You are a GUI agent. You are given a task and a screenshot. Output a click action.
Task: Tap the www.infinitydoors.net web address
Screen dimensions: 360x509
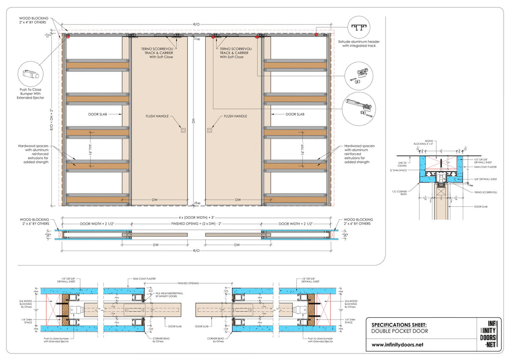pyautogui.click(x=397, y=345)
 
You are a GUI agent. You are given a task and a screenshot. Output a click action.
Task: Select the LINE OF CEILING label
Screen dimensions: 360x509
pyautogui.click(x=403, y=164)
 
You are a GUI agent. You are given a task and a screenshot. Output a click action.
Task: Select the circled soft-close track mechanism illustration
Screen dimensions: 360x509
pyautogui.click(x=358, y=107)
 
